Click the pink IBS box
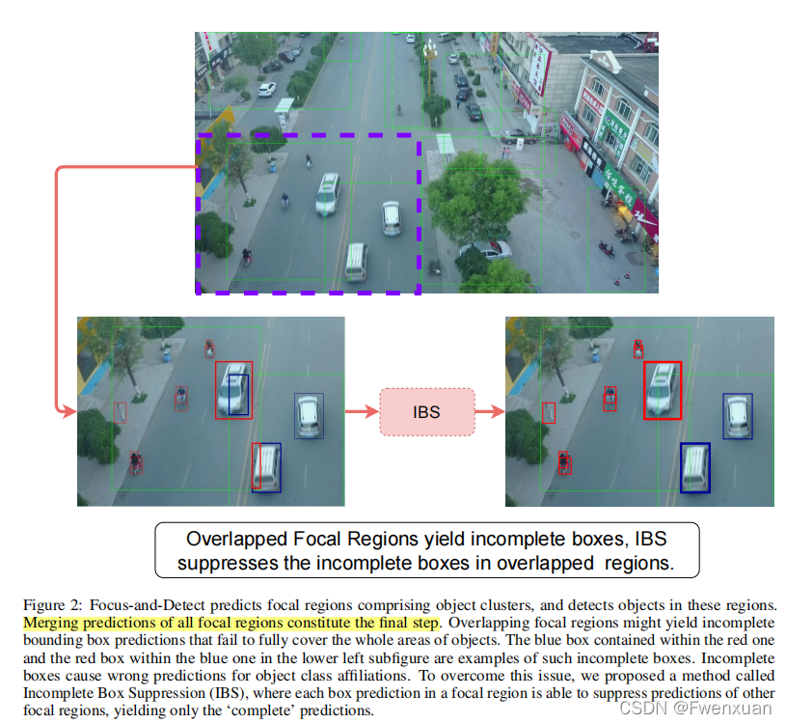pyautogui.click(x=426, y=412)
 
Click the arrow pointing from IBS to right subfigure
pyautogui.click(x=490, y=412)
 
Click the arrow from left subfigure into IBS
pyautogui.click(x=362, y=412)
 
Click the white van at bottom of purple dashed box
pyautogui.click(x=356, y=262)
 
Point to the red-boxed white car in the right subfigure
pyautogui.click(x=662, y=390)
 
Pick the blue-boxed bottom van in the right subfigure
pyautogui.click(x=694, y=467)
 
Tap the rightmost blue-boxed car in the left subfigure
pyautogui.click(x=309, y=415)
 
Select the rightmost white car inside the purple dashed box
pyautogui.click(x=391, y=218)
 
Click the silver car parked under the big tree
pyautogui.click(x=488, y=249)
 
